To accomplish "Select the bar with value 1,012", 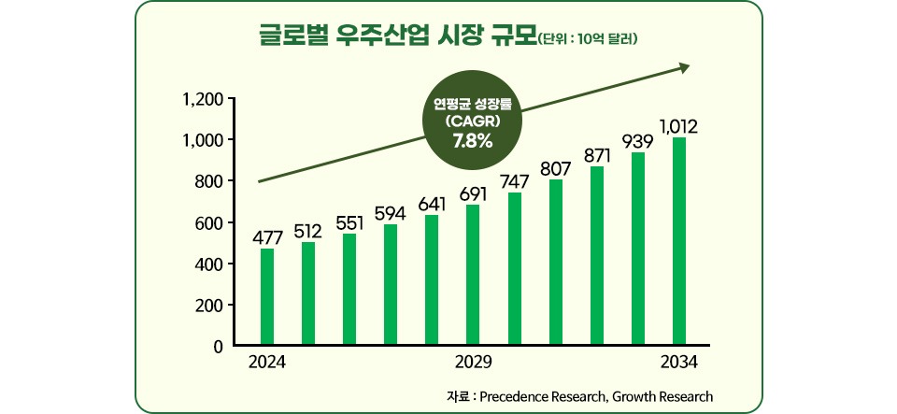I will point(679,242).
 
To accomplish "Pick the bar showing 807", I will point(556,263).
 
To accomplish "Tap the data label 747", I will point(515,181).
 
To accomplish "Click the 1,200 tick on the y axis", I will point(203,99).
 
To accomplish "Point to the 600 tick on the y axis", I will point(208,223).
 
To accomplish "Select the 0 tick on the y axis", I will point(217,347).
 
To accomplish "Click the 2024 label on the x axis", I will point(267,363).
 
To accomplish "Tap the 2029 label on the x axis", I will point(473,363).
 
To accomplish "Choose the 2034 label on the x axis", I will point(678,363).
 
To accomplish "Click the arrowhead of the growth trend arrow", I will point(684,66).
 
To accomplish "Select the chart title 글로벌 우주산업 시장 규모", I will point(397,36).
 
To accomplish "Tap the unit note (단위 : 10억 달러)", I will point(588,39).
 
